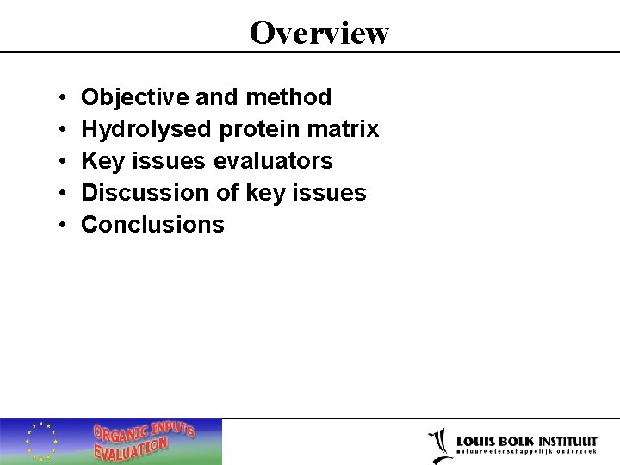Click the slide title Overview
point(319,33)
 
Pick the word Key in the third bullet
point(101,161)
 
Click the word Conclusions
point(152,225)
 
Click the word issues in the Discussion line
point(331,193)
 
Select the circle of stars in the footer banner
point(40,441)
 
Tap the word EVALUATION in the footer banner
point(131,449)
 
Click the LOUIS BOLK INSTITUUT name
point(527,440)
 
